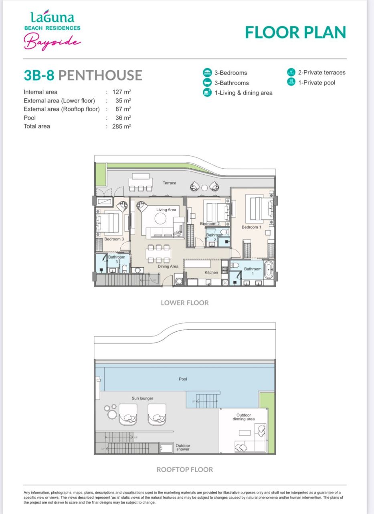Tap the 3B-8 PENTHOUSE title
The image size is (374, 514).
pos(83,75)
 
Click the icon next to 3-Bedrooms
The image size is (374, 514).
pos(207,73)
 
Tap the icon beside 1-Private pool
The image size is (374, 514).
pos(291,82)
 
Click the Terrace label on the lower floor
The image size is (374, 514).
pos(169,183)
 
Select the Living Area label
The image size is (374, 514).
pos(166,210)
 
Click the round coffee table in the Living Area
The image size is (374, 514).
pos(161,218)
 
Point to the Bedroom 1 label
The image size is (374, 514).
pos(251,227)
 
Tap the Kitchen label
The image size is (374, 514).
pos(211,273)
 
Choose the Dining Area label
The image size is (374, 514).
pos(168,267)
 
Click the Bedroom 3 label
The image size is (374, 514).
pos(114,239)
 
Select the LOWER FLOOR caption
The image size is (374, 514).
pos(185,303)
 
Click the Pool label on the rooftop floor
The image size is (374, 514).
pos(183,379)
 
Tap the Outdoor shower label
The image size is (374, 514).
pos(183,447)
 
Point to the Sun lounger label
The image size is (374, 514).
pos(142,398)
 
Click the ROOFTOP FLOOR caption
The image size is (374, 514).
pos(185,469)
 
